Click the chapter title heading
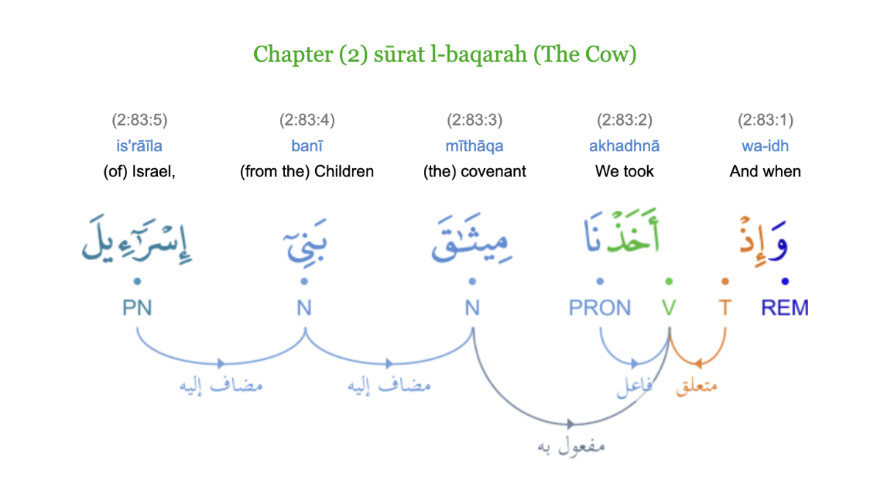click(x=444, y=54)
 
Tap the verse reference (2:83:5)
click(x=140, y=120)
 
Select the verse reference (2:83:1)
click(x=765, y=120)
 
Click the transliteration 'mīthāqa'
click(x=475, y=145)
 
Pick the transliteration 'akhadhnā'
click(x=624, y=145)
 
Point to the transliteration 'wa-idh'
click(x=765, y=145)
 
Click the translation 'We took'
click(x=624, y=171)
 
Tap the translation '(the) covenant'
click(x=475, y=171)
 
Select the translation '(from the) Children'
click(x=307, y=171)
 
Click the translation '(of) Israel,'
click(x=140, y=171)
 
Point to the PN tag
click(x=137, y=308)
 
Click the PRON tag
click(x=599, y=308)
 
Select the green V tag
click(x=668, y=308)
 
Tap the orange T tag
click(x=725, y=308)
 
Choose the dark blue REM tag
click(x=785, y=308)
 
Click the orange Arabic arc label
click(x=696, y=386)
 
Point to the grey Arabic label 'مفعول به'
click(x=571, y=446)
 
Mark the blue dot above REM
click(x=785, y=281)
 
